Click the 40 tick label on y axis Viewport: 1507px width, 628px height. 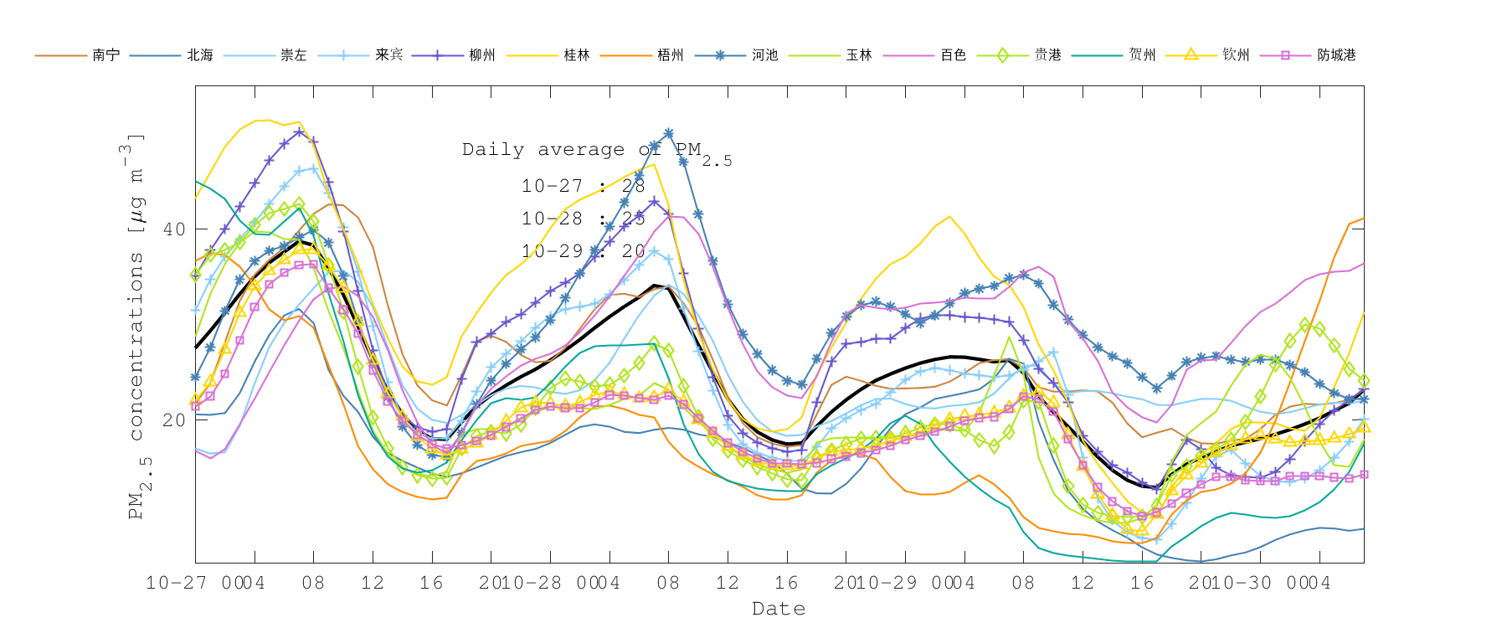[x=173, y=229]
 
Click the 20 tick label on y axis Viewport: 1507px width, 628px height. [x=173, y=420]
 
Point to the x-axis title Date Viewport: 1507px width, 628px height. [x=779, y=609]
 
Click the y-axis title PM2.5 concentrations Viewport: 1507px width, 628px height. [x=136, y=327]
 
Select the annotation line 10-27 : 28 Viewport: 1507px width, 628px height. [x=583, y=186]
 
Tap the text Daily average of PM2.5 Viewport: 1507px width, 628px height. [x=596, y=151]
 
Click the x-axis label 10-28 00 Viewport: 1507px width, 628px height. [x=536, y=583]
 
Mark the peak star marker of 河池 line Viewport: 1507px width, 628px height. [x=669, y=133]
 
